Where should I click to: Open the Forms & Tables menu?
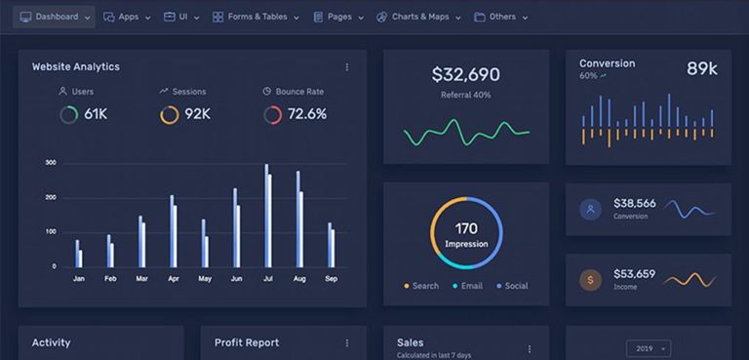click(x=256, y=17)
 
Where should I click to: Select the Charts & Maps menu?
click(x=419, y=17)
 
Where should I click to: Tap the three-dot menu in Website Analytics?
click(x=346, y=67)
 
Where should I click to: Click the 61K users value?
click(x=96, y=114)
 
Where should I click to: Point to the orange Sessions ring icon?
click(x=170, y=115)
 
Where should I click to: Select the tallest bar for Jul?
click(x=266, y=215)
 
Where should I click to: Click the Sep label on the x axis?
click(x=331, y=279)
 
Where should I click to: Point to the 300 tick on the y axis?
click(x=51, y=163)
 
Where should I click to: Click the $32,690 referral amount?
click(x=465, y=75)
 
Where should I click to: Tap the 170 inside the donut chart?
click(x=466, y=229)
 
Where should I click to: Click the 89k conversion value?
click(x=702, y=68)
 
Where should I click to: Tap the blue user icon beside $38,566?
click(x=590, y=209)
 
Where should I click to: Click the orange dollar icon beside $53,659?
click(x=590, y=280)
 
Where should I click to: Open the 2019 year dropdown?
click(x=649, y=348)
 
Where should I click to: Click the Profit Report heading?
click(x=247, y=342)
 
